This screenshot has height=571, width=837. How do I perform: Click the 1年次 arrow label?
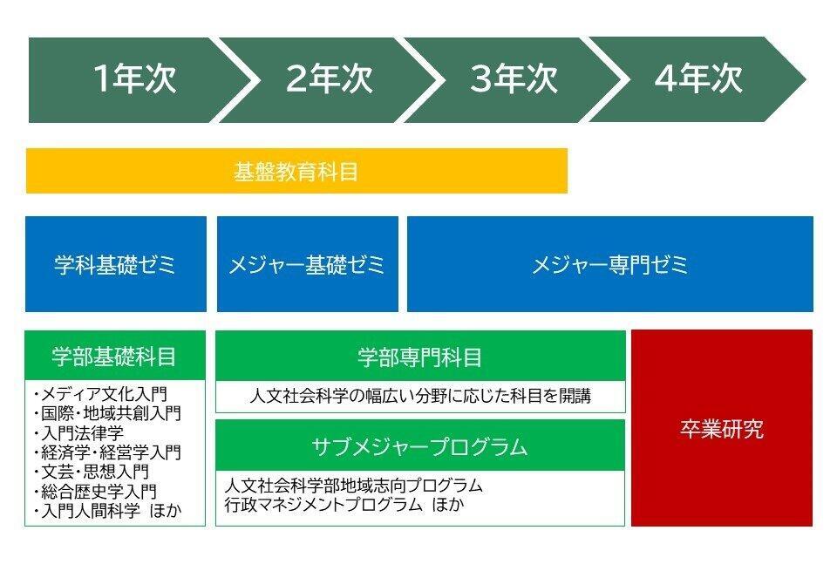click(134, 79)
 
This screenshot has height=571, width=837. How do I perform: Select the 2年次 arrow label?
click(329, 79)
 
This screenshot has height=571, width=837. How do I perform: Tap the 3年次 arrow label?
click(514, 79)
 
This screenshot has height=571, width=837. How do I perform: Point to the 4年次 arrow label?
click(698, 79)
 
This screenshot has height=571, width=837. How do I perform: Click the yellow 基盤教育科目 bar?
click(296, 171)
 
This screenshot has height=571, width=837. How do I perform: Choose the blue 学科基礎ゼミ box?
click(116, 264)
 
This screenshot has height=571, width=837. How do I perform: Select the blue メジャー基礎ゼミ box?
click(308, 264)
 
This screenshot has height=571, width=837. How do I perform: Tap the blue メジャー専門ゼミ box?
click(610, 264)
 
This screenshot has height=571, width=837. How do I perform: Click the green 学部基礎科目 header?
click(115, 356)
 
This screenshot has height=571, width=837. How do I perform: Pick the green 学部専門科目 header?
click(420, 357)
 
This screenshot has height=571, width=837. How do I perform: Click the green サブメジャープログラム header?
click(420, 446)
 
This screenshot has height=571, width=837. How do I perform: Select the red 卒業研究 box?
click(722, 428)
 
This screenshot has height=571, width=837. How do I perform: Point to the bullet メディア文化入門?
click(100, 394)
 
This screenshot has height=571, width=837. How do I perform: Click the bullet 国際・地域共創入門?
click(107, 413)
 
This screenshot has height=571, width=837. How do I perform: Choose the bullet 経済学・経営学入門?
click(107, 452)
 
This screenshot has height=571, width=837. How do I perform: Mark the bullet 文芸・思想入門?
click(91, 472)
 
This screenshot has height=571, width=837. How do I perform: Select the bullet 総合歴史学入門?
click(95, 492)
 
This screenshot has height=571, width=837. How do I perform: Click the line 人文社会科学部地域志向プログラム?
click(353, 485)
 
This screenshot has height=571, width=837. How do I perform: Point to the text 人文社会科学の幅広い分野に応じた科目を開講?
click(420, 396)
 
